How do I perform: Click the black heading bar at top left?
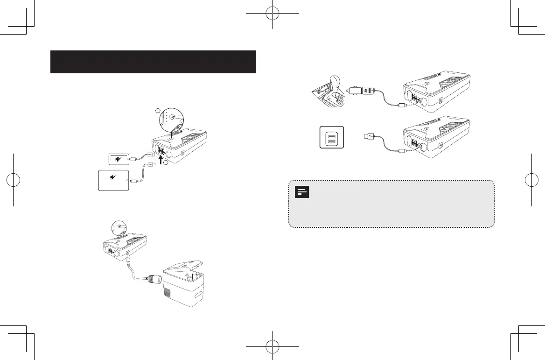tap(153, 62)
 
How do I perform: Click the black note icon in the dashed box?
tap(302, 192)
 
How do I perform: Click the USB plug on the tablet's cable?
tap(152, 164)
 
